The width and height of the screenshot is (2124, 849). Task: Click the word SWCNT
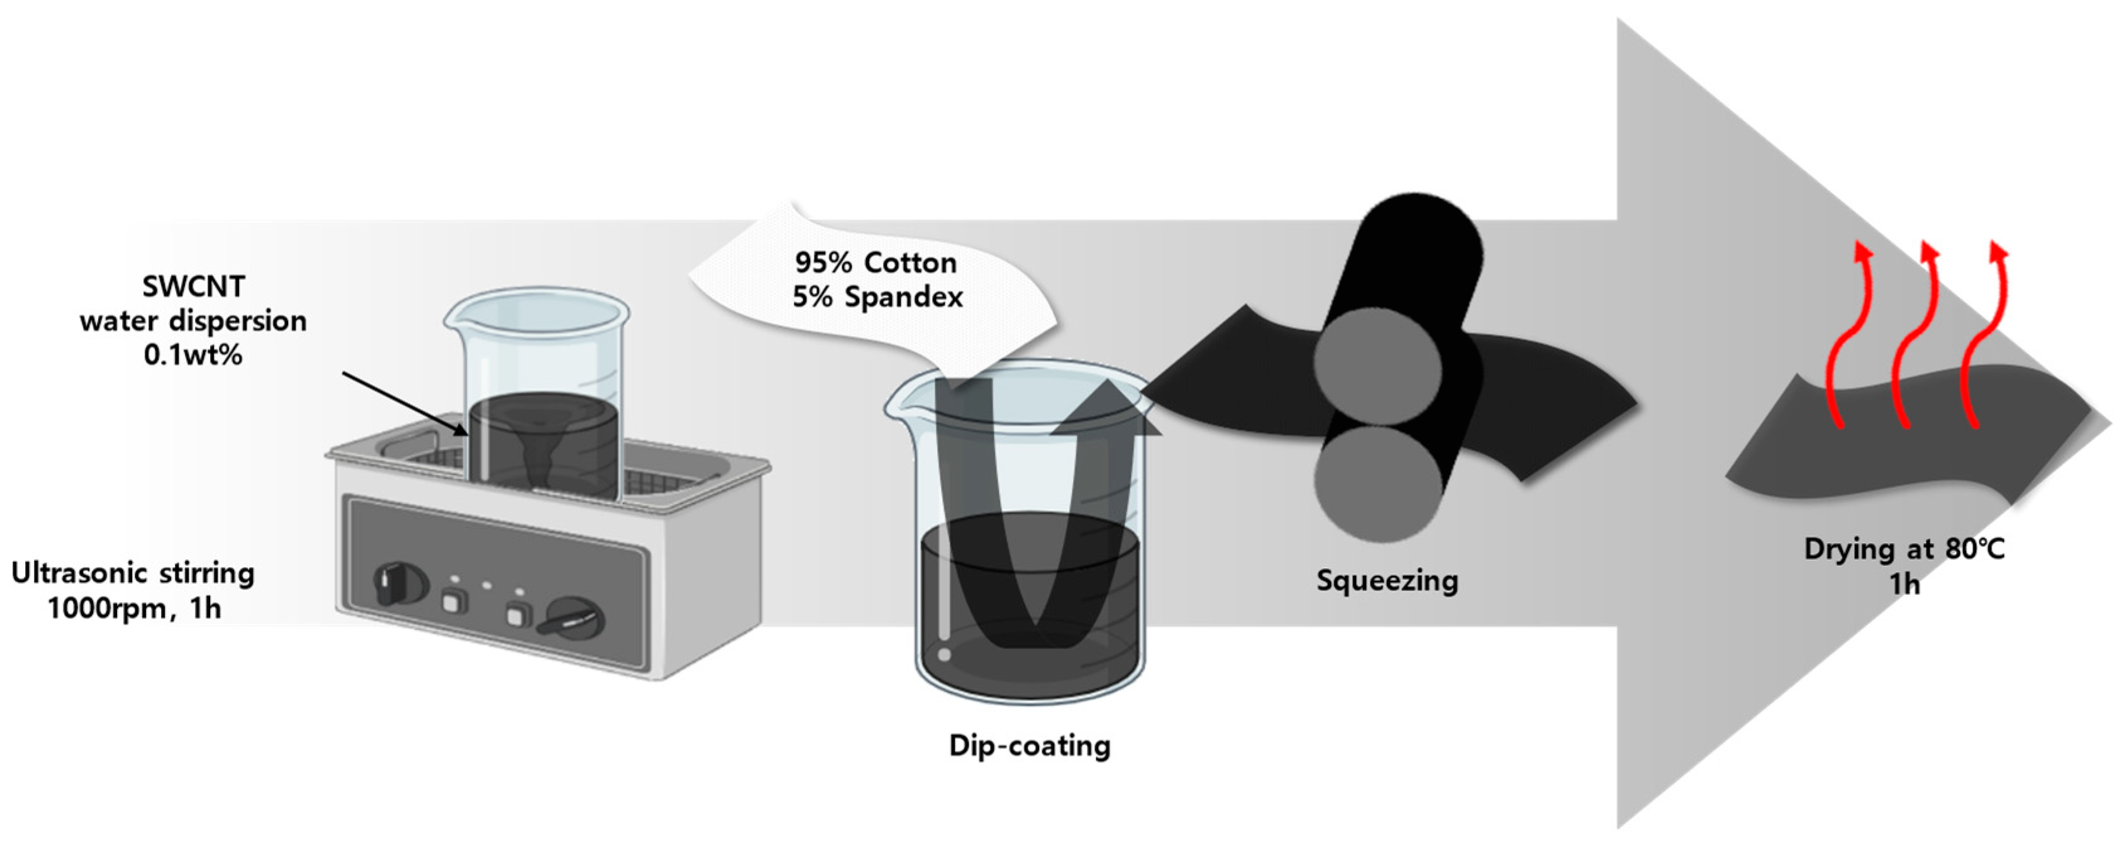193,286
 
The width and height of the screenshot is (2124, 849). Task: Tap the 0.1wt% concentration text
193,355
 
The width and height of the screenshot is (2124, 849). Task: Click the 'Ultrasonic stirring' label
133,573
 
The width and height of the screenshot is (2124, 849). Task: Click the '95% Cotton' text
876,262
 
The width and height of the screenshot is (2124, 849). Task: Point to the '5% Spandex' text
877,296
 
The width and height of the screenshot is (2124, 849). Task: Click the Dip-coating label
1030,745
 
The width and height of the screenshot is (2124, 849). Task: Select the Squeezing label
1387,580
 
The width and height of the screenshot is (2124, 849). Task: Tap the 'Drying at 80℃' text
1904,549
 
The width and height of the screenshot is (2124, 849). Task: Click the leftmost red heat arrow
1845,339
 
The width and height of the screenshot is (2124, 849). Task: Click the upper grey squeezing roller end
1377,366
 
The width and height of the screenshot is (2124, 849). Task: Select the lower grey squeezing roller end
1376,483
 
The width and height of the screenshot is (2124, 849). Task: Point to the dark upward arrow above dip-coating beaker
1105,412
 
